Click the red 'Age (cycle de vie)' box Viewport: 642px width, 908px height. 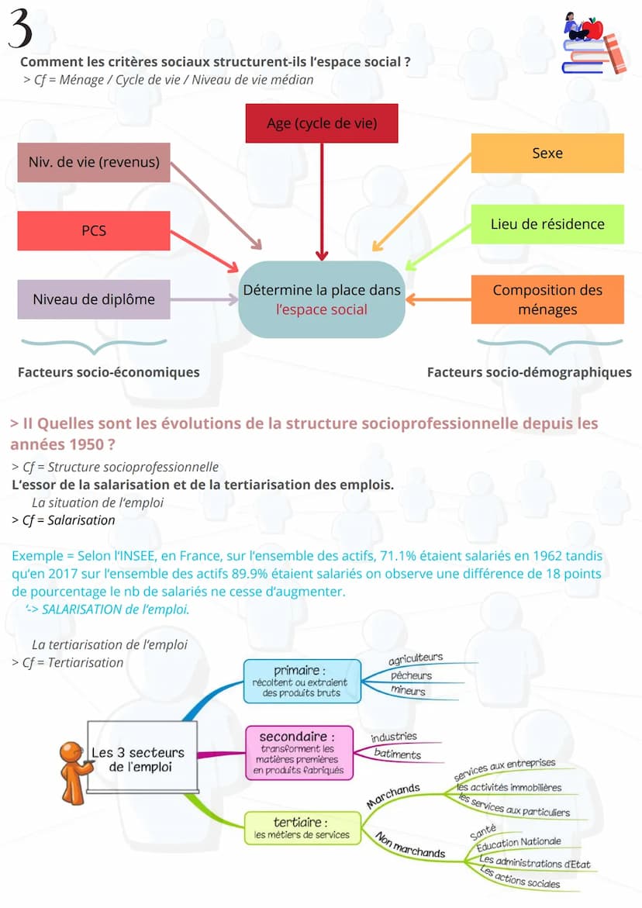[x=321, y=123]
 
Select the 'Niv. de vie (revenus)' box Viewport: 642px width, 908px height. [x=94, y=162]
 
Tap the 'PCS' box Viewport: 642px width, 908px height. [x=94, y=230]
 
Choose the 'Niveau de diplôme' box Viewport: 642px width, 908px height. [x=94, y=299]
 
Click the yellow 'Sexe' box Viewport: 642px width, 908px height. [x=547, y=153]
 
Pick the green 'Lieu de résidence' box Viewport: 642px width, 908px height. [x=547, y=224]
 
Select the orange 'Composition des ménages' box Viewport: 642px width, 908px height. [x=547, y=300]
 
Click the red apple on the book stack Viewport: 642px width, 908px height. [x=592, y=29]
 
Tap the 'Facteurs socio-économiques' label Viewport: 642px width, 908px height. [x=109, y=372]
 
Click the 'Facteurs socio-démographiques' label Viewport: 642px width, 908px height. [x=529, y=372]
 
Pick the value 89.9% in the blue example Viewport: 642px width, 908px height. [x=287, y=574]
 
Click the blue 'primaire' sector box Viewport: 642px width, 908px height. [x=302, y=681]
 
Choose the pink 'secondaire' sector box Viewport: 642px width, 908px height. [x=299, y=751]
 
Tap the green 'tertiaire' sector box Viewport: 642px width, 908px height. [x=302, y=827]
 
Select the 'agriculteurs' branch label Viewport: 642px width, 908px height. [x=416, y=658]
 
